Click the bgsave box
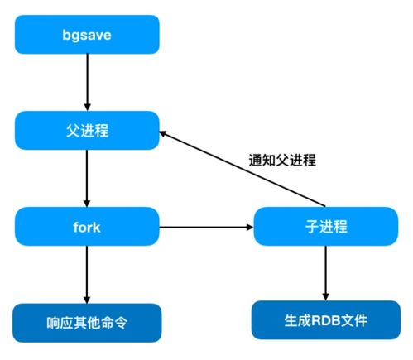86,36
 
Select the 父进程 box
86,131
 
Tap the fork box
86,226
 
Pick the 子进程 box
325,226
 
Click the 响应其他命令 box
86,321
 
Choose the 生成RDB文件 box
325,321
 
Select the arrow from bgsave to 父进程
86,83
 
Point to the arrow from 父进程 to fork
86,178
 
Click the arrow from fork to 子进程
207,226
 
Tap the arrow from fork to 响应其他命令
86,273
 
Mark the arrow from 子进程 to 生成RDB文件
325,273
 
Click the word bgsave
86,36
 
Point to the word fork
86,226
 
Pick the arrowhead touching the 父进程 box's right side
165,133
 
